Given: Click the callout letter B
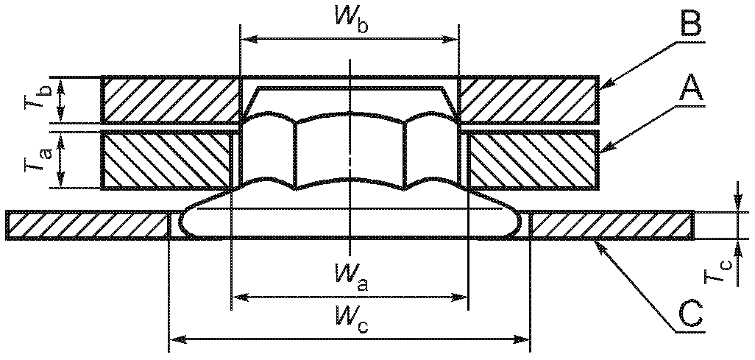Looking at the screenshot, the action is (x=692, y=22).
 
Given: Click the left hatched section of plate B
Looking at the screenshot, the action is (x=171, y=99).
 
